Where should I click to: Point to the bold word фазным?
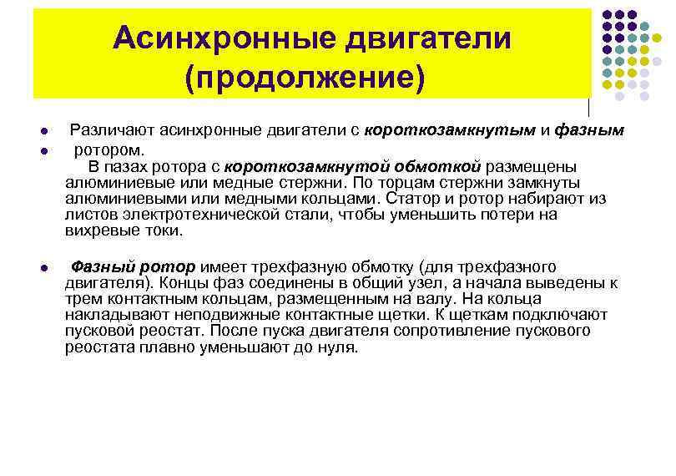pos(589,131)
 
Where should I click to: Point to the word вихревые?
pos(99,230)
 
